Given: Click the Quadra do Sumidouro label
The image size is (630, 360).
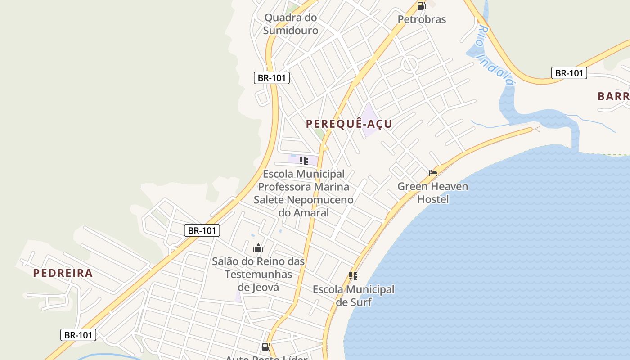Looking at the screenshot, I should coord(291,24).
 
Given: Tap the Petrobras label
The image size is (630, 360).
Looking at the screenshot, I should coord(422,19).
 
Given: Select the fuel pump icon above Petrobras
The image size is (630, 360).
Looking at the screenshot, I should coord(421,6).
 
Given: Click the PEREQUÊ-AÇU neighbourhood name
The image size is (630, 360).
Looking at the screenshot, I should coord(349,124).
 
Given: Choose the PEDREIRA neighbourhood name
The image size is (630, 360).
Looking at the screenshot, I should coord(63,273).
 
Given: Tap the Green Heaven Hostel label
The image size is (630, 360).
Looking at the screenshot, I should coord(433,192).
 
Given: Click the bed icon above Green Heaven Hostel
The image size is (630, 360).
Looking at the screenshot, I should coord(433,173).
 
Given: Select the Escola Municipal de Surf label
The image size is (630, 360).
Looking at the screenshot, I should coord(354,295).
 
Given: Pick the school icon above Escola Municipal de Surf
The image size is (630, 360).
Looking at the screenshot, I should coord(353,275).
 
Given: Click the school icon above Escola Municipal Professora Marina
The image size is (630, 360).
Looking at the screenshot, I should coord(304,160).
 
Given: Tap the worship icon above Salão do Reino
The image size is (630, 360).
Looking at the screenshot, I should coord(258,248).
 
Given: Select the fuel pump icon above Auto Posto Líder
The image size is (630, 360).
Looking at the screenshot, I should coord(266,346).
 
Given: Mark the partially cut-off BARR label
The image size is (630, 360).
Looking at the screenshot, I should coord(613,96).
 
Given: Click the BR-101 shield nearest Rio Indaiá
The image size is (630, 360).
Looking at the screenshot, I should coord(569,73).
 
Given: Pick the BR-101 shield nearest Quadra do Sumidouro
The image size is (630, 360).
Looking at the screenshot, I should coord(271,78).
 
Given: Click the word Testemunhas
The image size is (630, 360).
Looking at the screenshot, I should coord(258,274).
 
